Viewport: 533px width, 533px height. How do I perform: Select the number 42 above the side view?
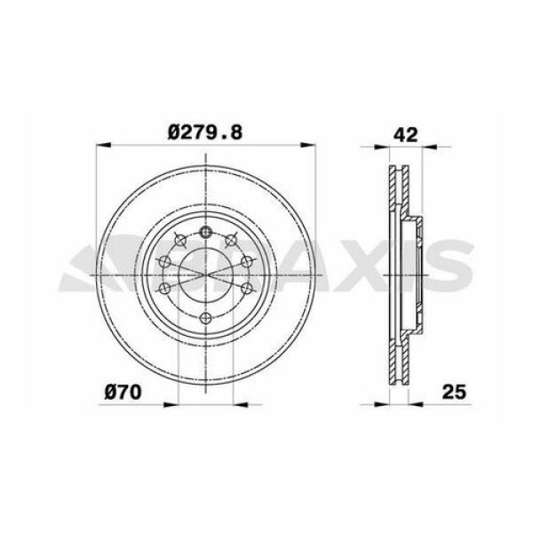point(405,134)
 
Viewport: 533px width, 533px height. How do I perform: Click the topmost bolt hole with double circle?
point(206,233)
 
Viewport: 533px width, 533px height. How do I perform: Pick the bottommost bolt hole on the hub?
point(206,318)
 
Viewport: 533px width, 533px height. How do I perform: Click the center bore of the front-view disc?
point(206,274)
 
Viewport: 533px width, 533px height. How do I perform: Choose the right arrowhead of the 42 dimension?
point(425,145)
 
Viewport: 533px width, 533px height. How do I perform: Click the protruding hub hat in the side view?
point(416,275)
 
